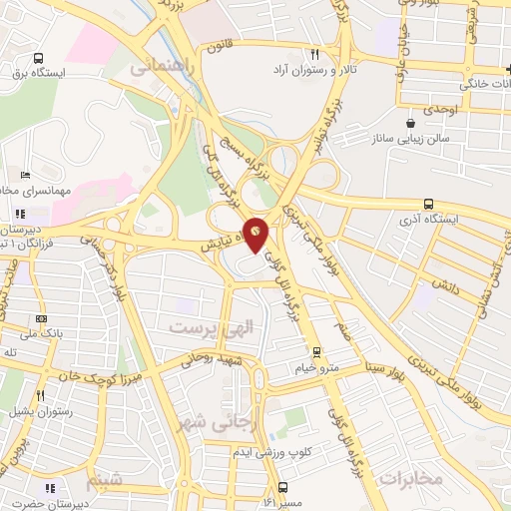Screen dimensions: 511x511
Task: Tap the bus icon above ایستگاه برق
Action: pyautogui.click(x=38, y=58)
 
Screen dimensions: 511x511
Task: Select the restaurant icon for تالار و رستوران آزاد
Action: pyautogui.click(x=315, y=55)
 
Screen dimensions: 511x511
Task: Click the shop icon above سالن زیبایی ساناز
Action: pyautogui.click(x=410, y=122)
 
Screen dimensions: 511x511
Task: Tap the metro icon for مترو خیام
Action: pyautogui.click(x=316, y=351)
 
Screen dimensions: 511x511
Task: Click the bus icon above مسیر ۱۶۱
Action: pyautogui.click(x=283, y=487)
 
